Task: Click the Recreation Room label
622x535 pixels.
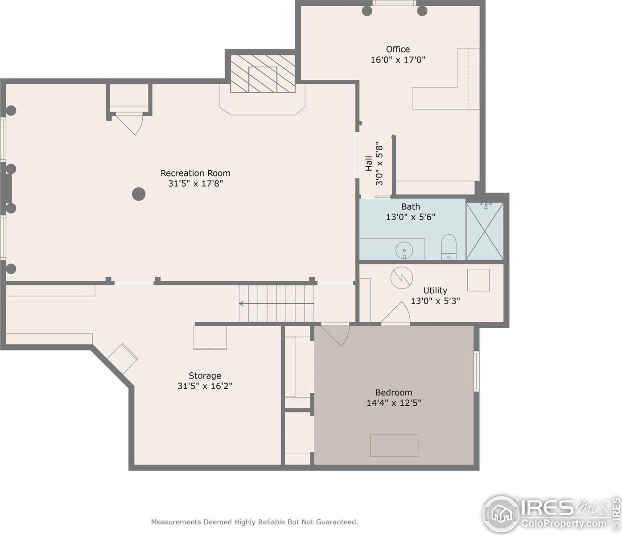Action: click(195, 173)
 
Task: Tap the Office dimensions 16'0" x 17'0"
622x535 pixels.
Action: click(398, 59)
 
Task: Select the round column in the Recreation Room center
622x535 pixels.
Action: click(139, 194)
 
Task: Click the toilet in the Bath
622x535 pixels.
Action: click(449, 247)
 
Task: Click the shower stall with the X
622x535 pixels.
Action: click(485, 231)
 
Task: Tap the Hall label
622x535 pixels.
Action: click(369, 163)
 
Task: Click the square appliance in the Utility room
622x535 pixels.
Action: click(478, 280)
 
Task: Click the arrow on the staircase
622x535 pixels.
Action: click(242, 304)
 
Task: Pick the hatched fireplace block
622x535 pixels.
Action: click(263, 74)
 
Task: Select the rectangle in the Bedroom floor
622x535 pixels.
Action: click(394, 445)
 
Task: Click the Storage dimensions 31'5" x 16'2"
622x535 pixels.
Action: click(205, 386)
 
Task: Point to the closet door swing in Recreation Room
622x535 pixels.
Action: click(131, 124)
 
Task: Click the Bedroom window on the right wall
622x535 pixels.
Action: click(476, 371)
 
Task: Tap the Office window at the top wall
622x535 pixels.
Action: click(393, 4)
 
